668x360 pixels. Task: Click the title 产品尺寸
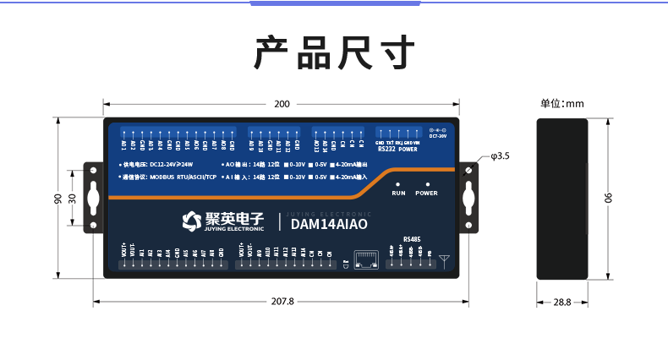(335, 53)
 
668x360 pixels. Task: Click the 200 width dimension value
(282, 104)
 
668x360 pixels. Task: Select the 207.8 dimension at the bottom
(282, 301)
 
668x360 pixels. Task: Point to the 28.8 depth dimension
(562, 301)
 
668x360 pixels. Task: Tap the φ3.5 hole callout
(500, 156)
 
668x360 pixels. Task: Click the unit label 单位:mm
(562, 104)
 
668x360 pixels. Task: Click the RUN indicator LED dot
(398, 183)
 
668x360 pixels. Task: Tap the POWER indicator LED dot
(427, 183)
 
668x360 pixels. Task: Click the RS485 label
(412, 239)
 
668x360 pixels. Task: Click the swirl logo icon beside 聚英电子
(191, 221)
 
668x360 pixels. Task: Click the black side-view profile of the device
(562, 199)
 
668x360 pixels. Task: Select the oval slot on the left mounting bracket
(93, 198)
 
